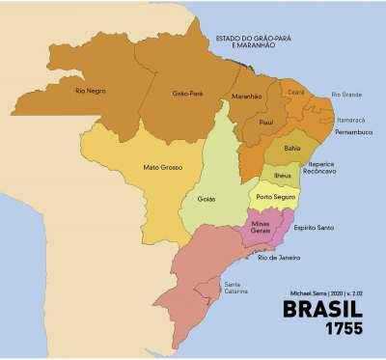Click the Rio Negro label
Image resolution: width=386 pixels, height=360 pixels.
coord(90,91)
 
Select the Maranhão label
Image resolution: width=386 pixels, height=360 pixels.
coord(248,97)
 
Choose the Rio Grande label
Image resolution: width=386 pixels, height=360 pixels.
coord(346,94)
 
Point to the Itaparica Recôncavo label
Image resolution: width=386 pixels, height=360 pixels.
coord(321,168)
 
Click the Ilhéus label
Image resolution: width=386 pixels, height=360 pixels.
coord(283,176)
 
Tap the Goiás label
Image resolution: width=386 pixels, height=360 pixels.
coord(206,199)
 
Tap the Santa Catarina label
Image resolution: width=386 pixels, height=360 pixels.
coord(235,288)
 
